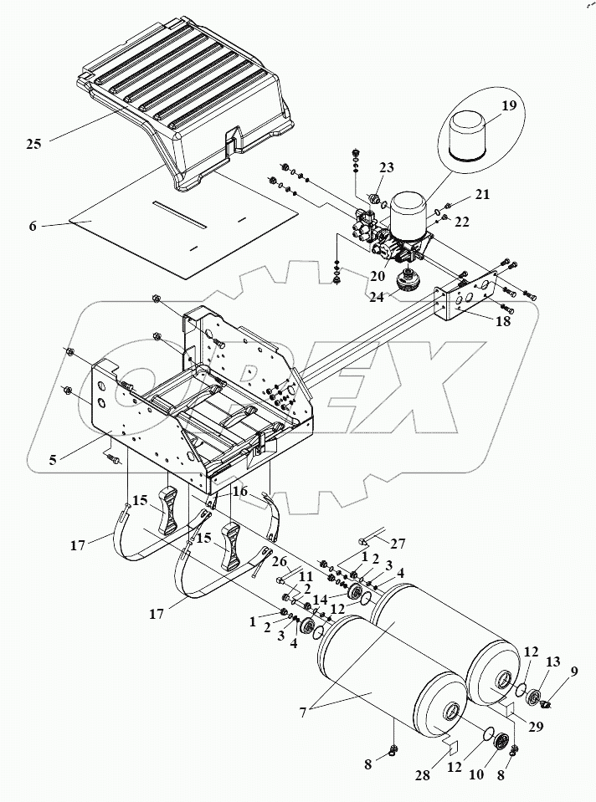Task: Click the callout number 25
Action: point(33,144)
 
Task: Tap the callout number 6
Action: point(33,225)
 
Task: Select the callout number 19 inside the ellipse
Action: point(509,106)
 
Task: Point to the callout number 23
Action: point(387,168)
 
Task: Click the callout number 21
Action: point(482,194)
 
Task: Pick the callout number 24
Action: point(377,297)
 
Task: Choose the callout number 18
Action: point(503,321)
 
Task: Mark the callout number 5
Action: point(53,459)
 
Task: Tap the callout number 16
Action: point(240,492)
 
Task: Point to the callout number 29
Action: point(536,726)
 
